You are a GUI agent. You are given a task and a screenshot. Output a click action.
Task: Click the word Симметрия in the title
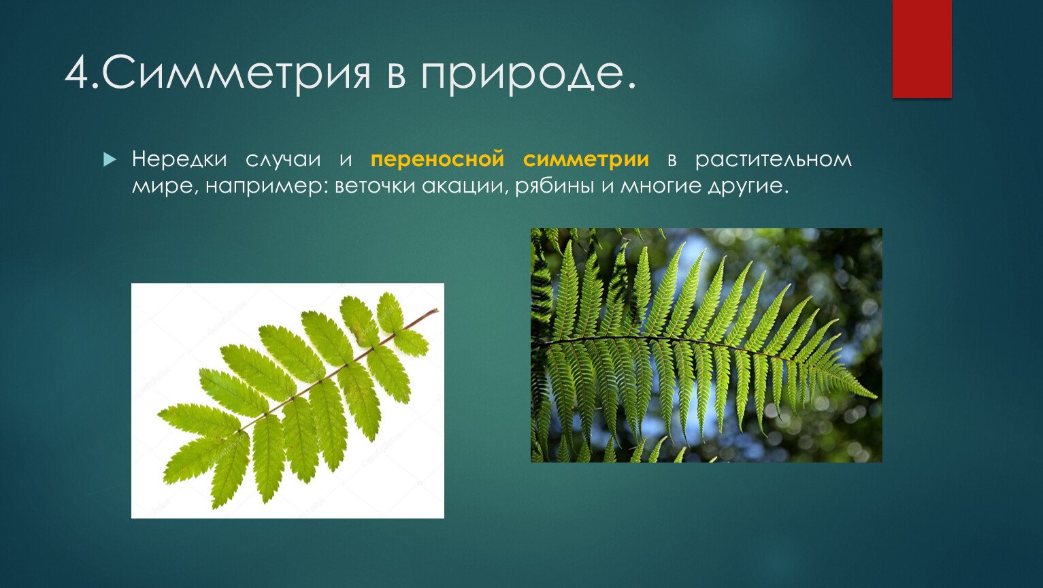235,73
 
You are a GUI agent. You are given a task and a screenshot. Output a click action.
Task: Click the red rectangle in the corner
922,49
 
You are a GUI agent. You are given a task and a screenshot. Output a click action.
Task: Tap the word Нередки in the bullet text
179,159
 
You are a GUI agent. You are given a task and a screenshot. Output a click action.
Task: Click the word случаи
283,160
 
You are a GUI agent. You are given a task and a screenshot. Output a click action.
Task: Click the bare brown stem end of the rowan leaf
435,310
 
